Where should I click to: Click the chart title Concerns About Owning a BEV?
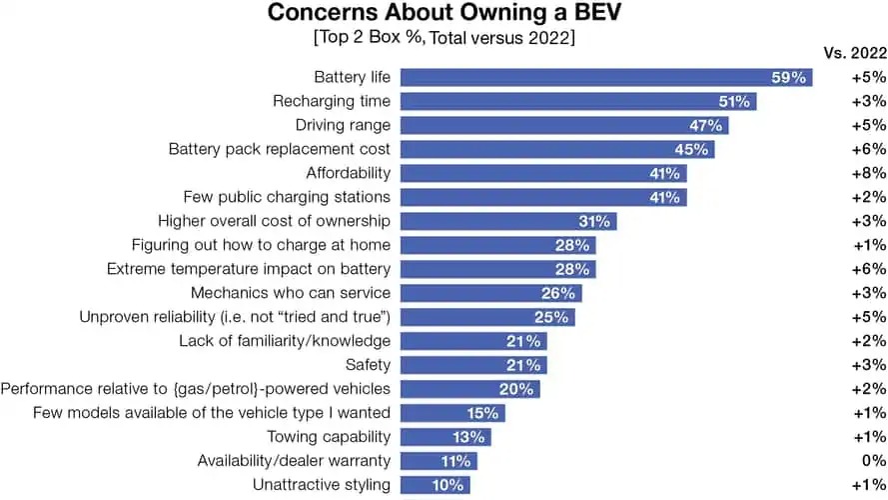[444, 15]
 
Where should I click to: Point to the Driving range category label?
[343, 125]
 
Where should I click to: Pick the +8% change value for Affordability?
[868, 173]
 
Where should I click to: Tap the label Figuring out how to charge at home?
[261, 245]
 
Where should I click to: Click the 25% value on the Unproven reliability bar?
[551, 317]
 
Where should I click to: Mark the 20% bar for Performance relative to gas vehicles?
[470, 389]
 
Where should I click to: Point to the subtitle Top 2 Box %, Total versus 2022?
[444, 39]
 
